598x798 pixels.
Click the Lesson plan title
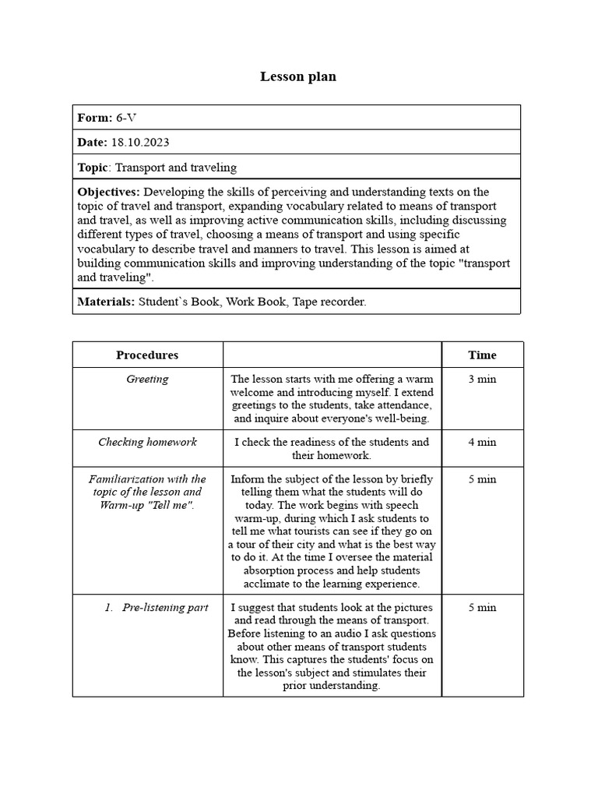pyautogui.click(x=298, y=76)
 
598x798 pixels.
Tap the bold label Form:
pyautogui.click(x=95, y=118)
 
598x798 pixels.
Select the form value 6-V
pyautogui.click(x=127, y=118)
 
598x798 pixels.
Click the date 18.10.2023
pyautogui.click(x=140, y=142)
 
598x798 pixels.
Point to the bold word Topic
pyautogui.click(x=93, y=167)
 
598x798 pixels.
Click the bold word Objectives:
pyautogui.click(x=109, y=192)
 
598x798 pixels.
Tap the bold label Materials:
pyautogui.click(x=106, y=302)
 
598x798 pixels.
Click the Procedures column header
pyautogui.click(x=147, y=355)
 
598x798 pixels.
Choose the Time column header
pyautogui.click(x=482, y=355)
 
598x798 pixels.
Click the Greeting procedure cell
pyautogui.click(x=147, y=380)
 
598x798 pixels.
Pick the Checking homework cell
pyautogui.click(x=147, y=442)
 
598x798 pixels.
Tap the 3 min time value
pyautogui.click(x=482, y=380)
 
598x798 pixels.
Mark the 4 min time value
pyautogui.click(x=482, y=442)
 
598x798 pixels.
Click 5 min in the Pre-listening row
pyautogui.click(x=482, y=607)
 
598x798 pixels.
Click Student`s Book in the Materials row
pyautogui.click(x=179, y=302)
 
